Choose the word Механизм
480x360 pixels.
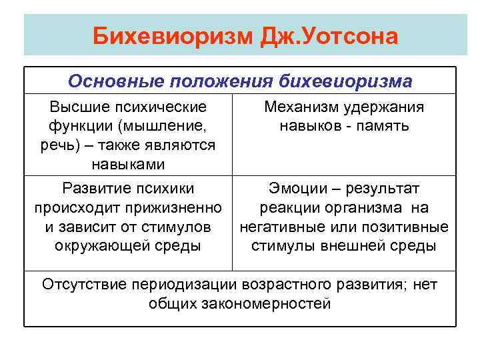[306, 107]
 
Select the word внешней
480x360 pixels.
[363, 245]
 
